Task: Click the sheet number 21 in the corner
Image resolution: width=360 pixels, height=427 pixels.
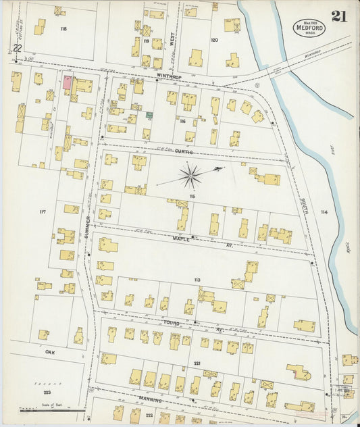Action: tap(338, 16)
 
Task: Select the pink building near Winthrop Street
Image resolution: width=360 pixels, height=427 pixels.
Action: tap(68, 83)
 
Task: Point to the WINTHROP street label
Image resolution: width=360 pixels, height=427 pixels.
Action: tap(169, 76)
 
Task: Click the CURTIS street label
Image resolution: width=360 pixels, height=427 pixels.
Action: tap(184, 151)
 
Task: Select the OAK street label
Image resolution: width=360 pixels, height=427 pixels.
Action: tap(49, 352)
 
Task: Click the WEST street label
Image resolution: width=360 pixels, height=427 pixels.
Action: tap(172, 40)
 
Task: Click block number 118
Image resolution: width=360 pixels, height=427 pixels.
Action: tap(63, 29)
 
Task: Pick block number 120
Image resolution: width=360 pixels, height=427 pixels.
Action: tap(214, 40)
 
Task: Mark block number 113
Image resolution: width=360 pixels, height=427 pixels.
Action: tap(197, 279)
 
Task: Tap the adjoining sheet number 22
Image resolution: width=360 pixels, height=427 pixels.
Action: tap(17, 49)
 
